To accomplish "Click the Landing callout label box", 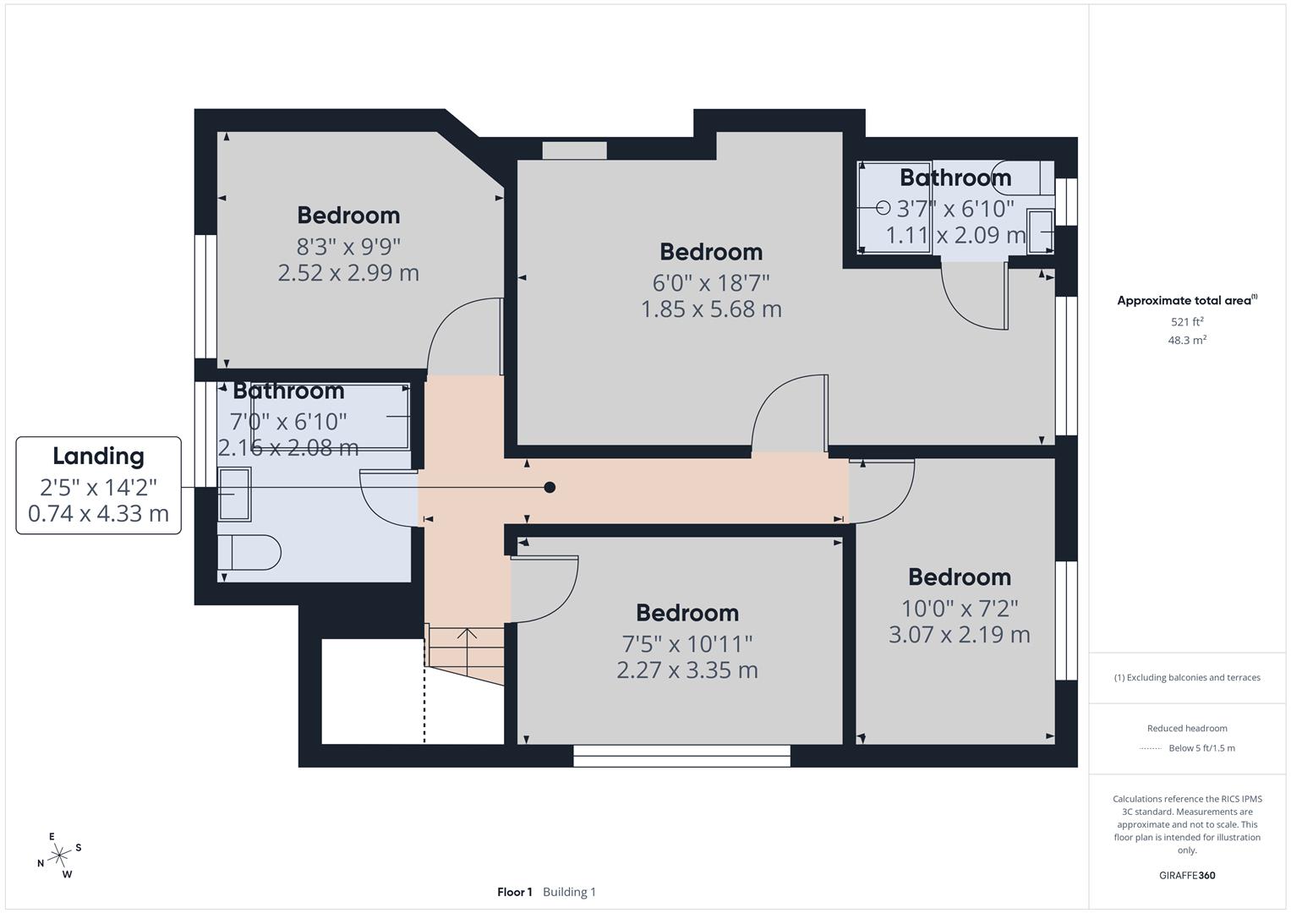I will (x=98, y=485).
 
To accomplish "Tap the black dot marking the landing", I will (x=550, y=487).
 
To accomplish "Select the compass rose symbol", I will (x=59, y=856).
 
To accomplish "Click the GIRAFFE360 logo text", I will (x=1187, y=875).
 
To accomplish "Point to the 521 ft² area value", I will (x=1187, y=322).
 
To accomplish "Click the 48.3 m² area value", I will (x=1187, y=340).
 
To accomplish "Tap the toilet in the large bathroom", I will (x=249, y=554).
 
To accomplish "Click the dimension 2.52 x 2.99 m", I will (x=348, y=273).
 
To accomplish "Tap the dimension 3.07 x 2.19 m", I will (x=959, y=634).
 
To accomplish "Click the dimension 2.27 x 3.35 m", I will (x=687, y=670).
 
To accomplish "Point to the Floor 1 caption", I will (x=514, y=892).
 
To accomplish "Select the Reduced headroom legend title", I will (x=1187, y=728).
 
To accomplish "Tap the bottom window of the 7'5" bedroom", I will (x=681, y=755).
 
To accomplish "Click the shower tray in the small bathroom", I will (x=894, y=207).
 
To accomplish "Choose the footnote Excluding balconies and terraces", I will (x=1187, y=677).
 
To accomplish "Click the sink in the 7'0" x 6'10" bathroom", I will (x=234, y=494).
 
